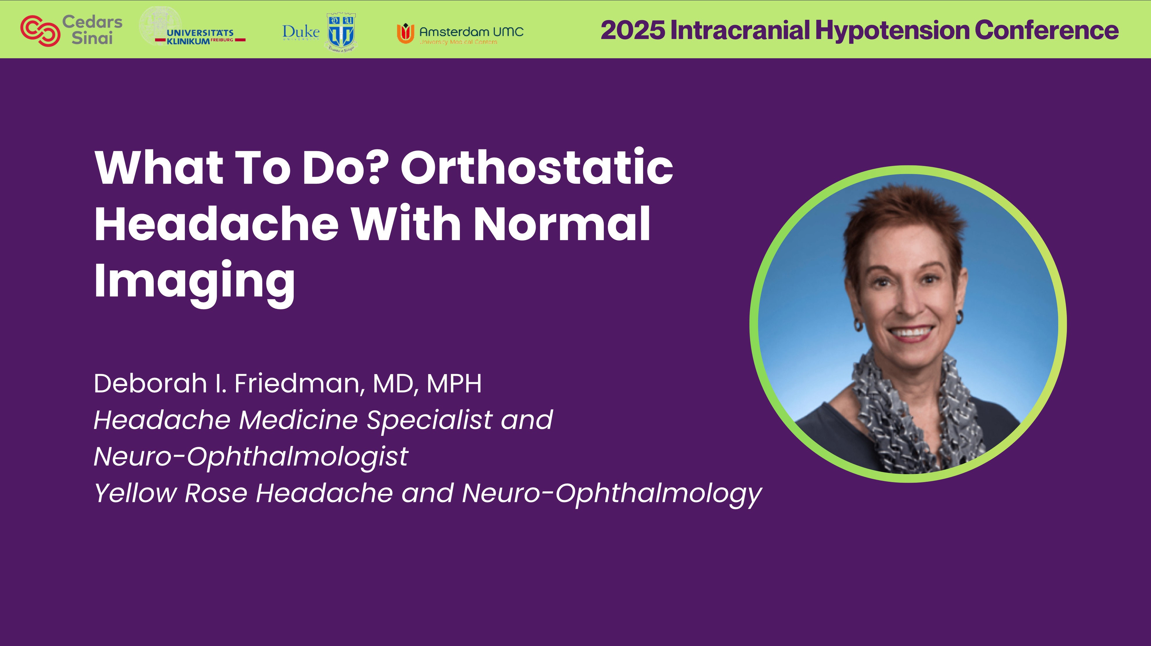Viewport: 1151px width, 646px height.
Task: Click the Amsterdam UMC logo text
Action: click(x=471, y=32)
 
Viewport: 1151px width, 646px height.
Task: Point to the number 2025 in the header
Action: click(x=632, y=30)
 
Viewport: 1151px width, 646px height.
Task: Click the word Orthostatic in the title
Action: click(x=536, y=167)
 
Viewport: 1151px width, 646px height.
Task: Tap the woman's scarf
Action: click(x=911, y=415)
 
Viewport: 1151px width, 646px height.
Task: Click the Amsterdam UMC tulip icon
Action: click(x=405, y=33)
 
